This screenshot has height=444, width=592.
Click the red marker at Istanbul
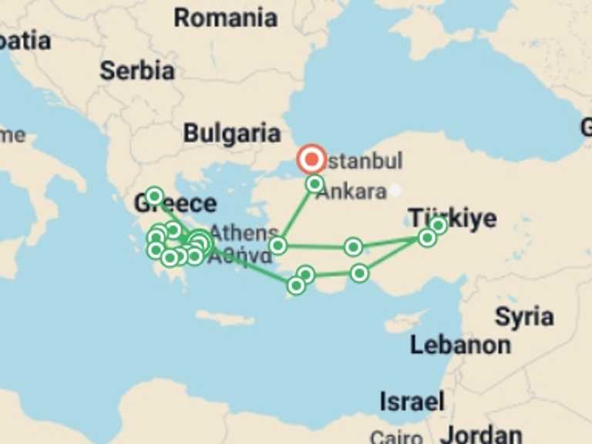point(312,160)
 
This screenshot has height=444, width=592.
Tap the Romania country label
point(225,18)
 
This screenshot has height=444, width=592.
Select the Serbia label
point(136,70)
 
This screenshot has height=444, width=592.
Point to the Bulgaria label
point(231,133)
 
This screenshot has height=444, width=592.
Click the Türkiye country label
point(452,218)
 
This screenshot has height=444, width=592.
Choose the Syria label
point(524,316)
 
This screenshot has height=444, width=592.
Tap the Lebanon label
point(460,345)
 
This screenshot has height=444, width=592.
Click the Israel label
point(412,401)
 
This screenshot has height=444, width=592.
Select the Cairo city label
point(396,437)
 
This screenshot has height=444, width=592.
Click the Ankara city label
point(351,192)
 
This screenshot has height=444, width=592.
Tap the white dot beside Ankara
point(395,189)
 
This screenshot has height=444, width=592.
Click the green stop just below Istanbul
point(314,183)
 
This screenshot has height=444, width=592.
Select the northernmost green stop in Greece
point(154,196)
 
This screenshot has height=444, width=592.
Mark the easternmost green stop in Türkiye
point(438,225)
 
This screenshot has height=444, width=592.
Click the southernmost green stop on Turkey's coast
point(296,286)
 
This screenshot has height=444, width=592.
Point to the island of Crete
point(224,318)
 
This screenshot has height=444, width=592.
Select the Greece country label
point(175,203)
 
